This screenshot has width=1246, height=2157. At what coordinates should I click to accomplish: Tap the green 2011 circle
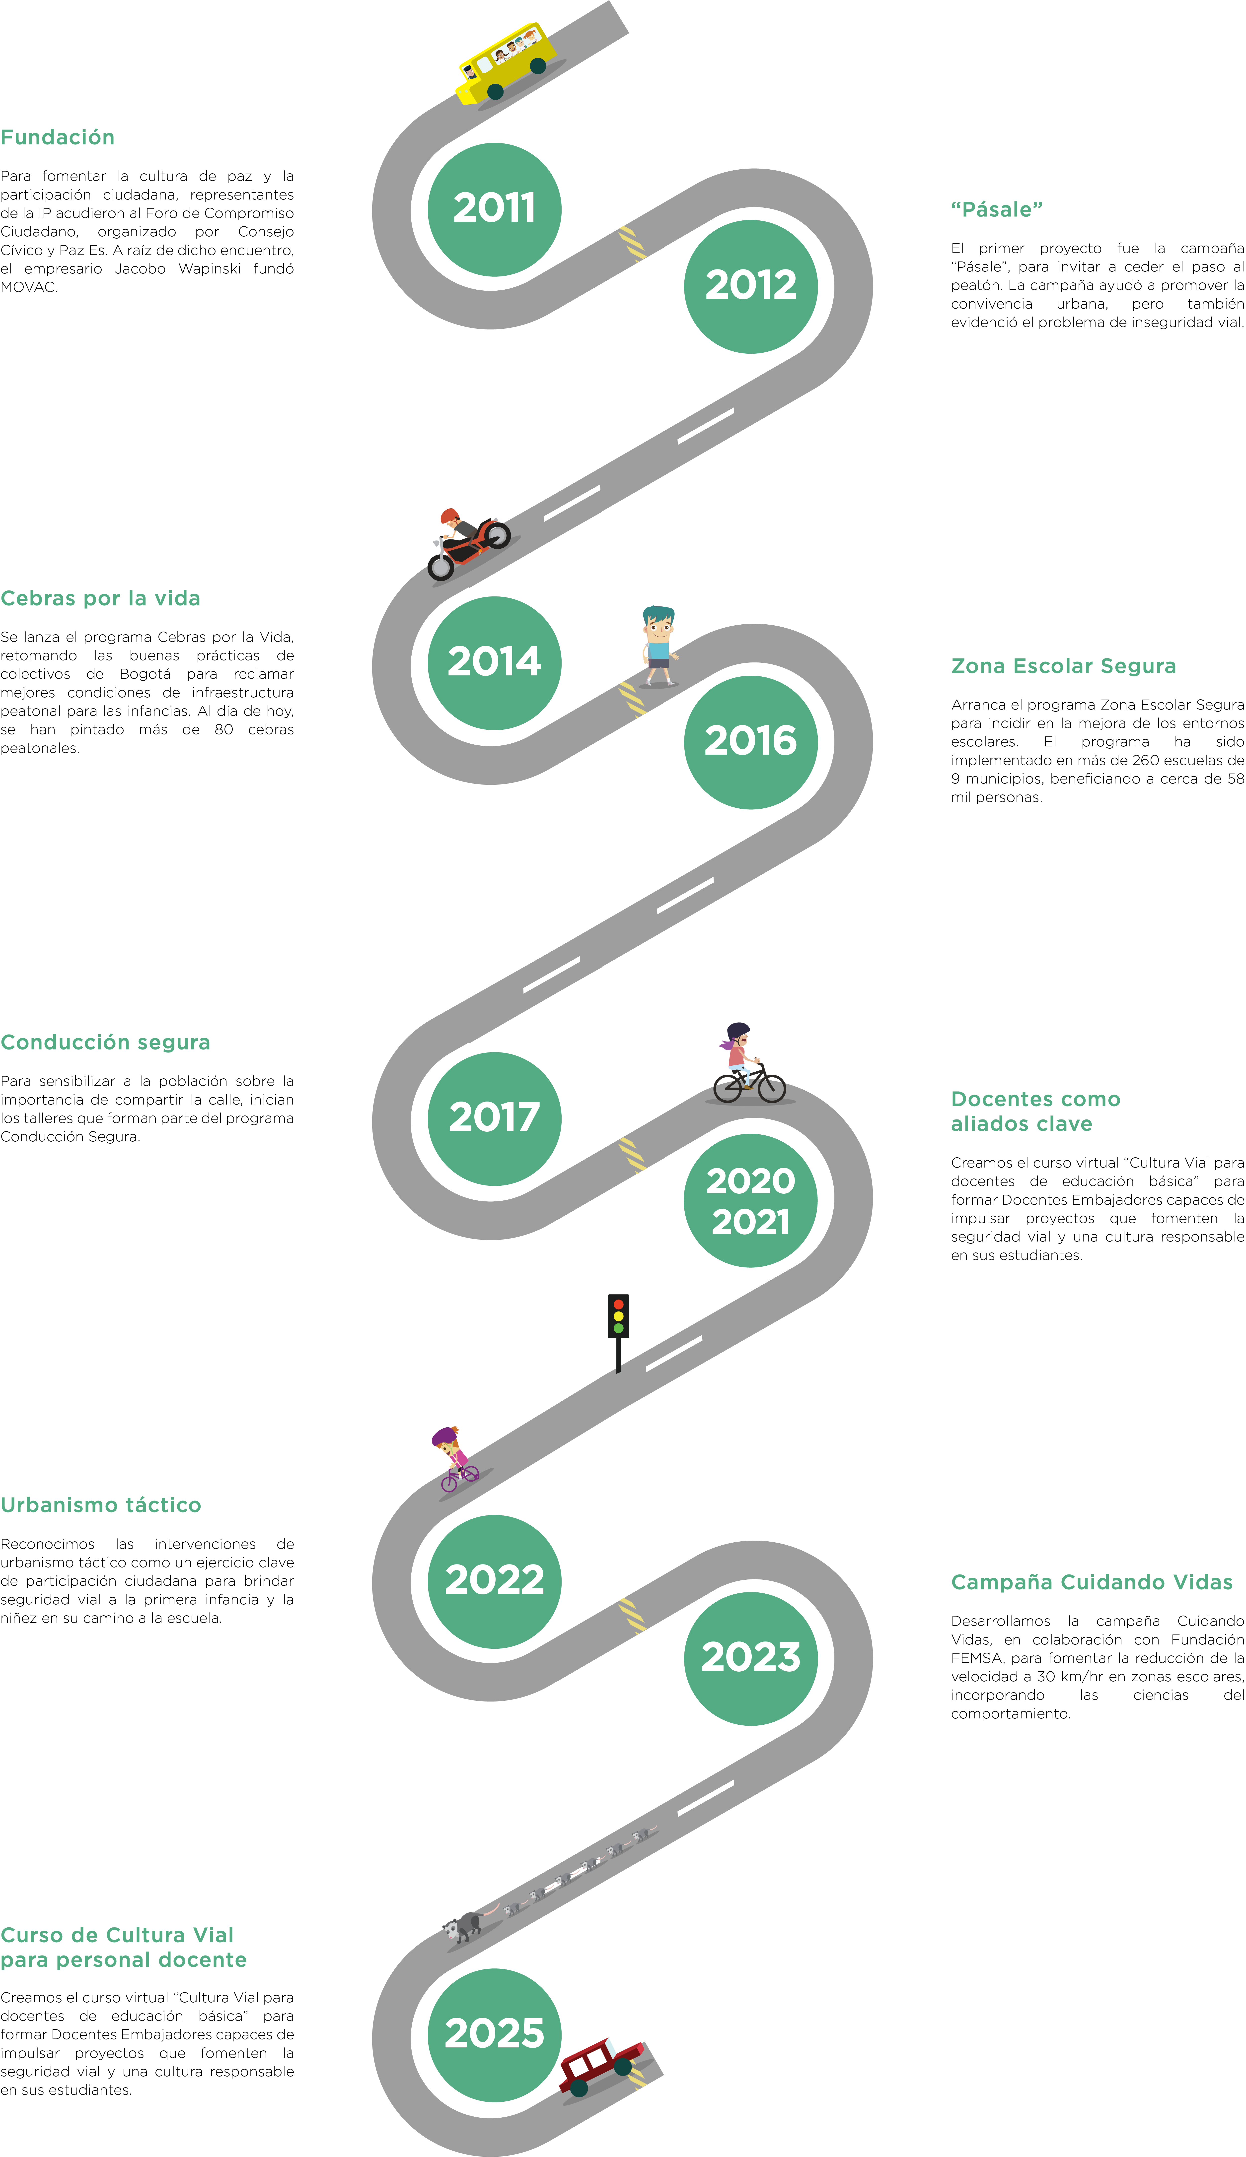pyautogui.click(x=495, y=209)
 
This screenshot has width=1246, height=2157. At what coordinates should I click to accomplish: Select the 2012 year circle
pyautogui.click(x=750, y=286)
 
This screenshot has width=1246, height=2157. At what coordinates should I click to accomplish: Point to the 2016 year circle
pyautogui.click(x=750, y=741)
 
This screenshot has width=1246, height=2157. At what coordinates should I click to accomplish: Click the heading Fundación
pyautogui.click(x=57, y=138)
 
